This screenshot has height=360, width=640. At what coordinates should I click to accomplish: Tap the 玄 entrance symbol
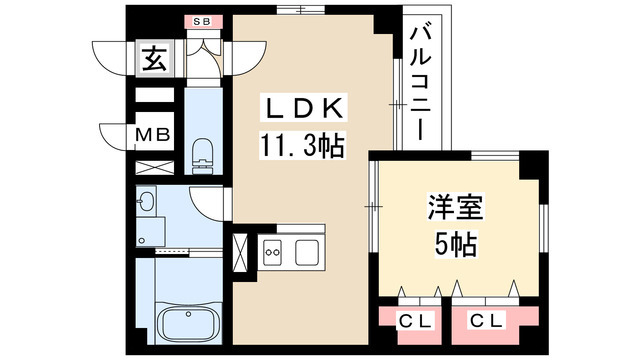153,60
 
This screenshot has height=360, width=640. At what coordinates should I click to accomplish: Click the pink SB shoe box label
202,20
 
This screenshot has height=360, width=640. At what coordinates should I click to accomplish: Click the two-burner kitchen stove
273,251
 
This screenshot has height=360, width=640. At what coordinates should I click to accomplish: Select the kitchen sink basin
306,251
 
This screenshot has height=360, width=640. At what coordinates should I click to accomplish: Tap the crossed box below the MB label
153,165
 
